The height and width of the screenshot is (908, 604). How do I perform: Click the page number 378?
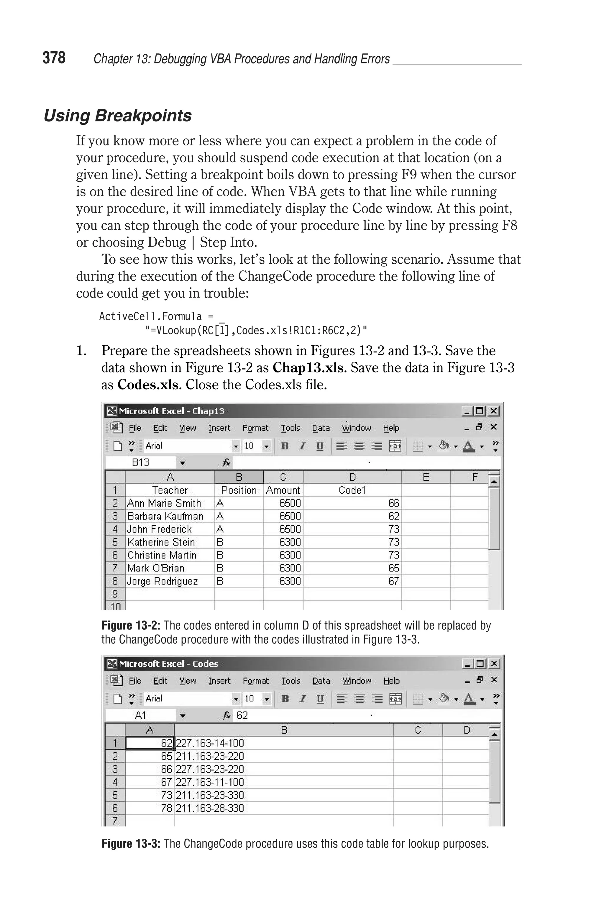click(54, 58)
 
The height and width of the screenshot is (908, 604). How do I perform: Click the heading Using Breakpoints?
click(117, 116)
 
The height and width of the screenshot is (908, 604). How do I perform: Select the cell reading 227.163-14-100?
click(210, 743)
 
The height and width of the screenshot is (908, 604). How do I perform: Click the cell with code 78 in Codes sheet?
click(166, 808)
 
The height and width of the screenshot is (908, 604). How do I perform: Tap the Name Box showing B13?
click(141, 462)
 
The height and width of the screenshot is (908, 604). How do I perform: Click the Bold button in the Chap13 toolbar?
click(285, 446)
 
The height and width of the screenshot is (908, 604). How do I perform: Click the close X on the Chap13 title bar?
click(493, 411)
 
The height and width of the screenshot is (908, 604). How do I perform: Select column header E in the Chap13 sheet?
click(426, 477)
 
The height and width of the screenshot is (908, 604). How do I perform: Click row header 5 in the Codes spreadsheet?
click(115, 795)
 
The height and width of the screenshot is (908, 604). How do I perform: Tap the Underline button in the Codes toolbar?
click(320, 699)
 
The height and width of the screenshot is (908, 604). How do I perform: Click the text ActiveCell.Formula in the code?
click(150, 316)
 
